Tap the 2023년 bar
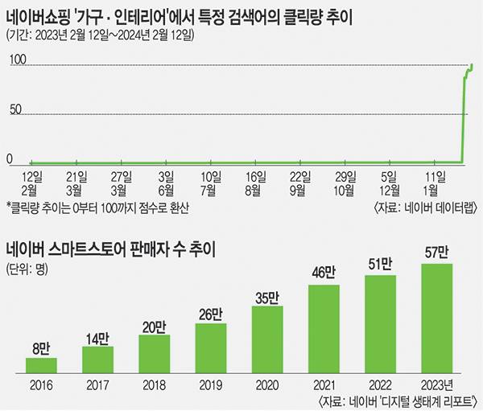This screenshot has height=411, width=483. (x=431, y=319)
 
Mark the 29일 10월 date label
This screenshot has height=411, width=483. (x=345, y=183)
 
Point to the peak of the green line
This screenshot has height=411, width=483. (x=471, y=65)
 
